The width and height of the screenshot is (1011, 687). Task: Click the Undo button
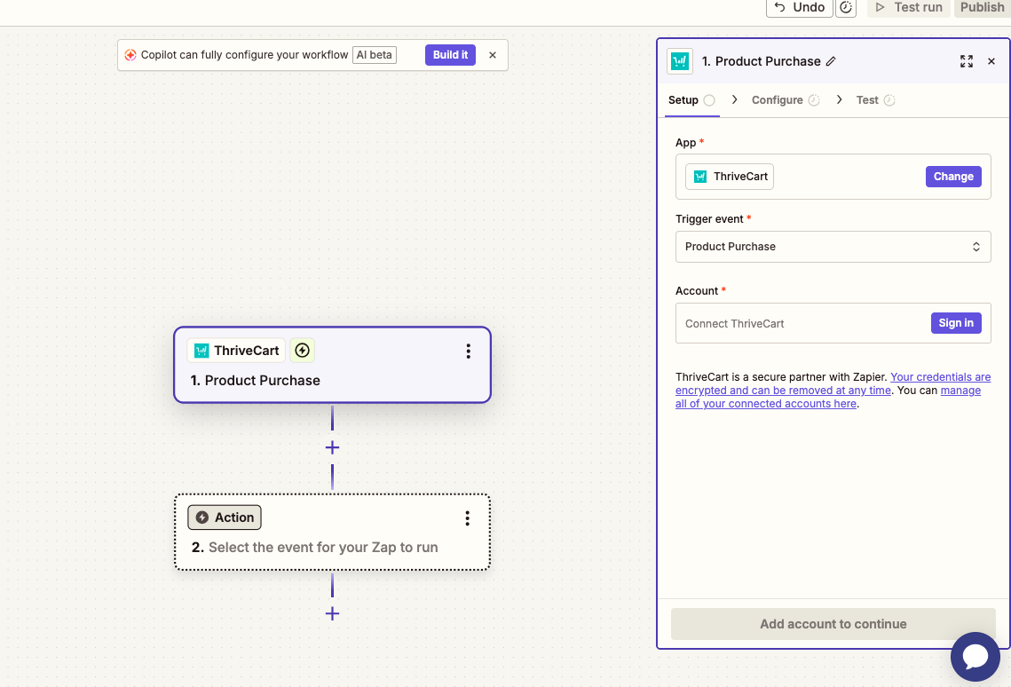pos(799,7)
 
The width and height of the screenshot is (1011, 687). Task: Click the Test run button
pos(909,7)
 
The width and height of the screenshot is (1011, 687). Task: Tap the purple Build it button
pos(450,55)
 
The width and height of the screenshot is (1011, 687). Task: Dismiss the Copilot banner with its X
pos(493,55)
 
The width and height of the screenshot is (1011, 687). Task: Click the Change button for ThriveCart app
pos(953,177)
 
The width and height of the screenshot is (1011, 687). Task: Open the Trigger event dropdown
pos(833,247)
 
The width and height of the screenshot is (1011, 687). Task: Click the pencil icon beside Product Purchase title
pos(831,61)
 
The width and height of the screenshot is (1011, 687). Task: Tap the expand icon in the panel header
pos(966,61)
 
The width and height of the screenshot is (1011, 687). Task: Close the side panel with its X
pos(991,61)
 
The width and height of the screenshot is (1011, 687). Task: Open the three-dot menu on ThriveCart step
pos(468,351)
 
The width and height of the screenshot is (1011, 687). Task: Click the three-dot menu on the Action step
pos(468,518)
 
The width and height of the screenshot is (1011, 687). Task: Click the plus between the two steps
pos(332,447)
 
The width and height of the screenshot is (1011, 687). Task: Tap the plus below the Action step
pos(332,613)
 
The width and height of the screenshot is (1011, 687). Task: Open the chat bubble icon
pos(975,657)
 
